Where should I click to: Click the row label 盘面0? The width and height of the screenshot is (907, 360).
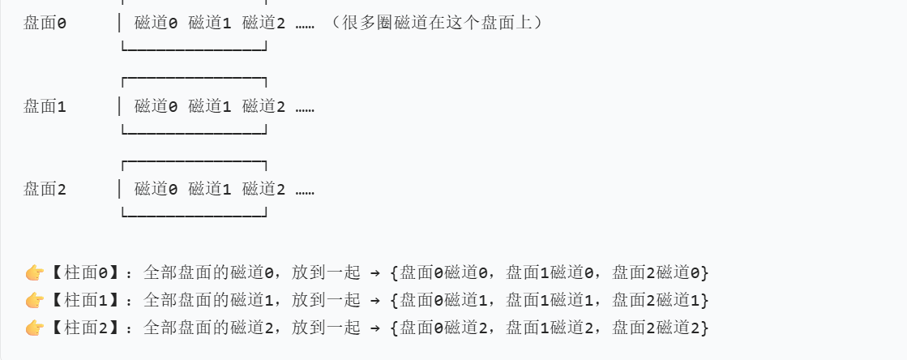coord(45,24)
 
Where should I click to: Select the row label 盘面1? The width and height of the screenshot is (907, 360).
coord(45,107)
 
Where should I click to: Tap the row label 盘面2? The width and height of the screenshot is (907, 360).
coord(45,189)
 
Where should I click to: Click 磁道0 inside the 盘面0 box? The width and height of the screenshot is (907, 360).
coord(156,24)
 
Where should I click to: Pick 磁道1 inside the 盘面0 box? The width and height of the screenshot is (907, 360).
coord(210,24)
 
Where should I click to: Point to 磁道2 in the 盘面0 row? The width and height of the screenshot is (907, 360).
coord(263,24)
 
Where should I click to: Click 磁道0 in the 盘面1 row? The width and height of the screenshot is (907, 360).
coord(156,107)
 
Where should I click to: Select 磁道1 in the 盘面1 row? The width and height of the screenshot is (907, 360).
coord(210,107)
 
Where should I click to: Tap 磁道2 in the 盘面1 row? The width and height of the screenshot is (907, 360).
coord(263,107)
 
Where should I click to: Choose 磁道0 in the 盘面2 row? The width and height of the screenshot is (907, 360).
coord(156,189)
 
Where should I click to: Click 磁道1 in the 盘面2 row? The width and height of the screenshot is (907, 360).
coord(210,189)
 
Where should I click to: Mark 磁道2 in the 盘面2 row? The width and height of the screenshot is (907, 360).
coord(263,189)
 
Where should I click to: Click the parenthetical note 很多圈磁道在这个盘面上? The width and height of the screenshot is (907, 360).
coord(435,24)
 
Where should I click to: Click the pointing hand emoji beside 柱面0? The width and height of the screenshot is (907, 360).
coord(35,272)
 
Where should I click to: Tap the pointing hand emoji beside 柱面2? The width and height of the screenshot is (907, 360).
coord(35,328)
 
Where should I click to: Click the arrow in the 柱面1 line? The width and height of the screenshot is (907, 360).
coord(374,301)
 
